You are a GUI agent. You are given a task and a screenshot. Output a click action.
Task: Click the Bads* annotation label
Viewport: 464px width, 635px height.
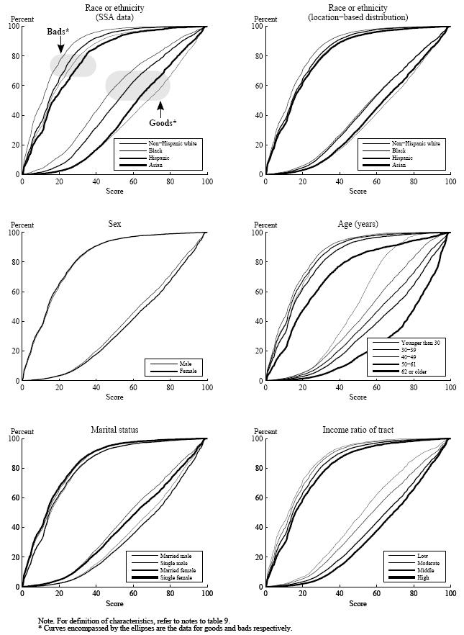click(x=59, y=32)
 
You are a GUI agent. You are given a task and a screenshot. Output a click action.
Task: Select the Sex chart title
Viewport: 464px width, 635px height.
click(x=115, y=224)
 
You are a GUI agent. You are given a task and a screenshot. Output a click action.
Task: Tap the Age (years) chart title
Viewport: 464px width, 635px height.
click(x=358, y=224)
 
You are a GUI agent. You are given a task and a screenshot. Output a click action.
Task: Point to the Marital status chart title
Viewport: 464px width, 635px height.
click(x=115, y=430)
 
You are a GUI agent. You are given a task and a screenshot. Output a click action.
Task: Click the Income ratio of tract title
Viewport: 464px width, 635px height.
click(x=358, y=430)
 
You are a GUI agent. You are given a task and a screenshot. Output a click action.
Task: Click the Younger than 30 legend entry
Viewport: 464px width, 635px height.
click(x=428, y=342)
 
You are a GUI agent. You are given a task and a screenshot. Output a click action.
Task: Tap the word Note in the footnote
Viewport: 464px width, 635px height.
click(x=46, y=619)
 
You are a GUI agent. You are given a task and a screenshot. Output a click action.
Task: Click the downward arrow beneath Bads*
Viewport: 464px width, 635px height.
click(x=60, y=46)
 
